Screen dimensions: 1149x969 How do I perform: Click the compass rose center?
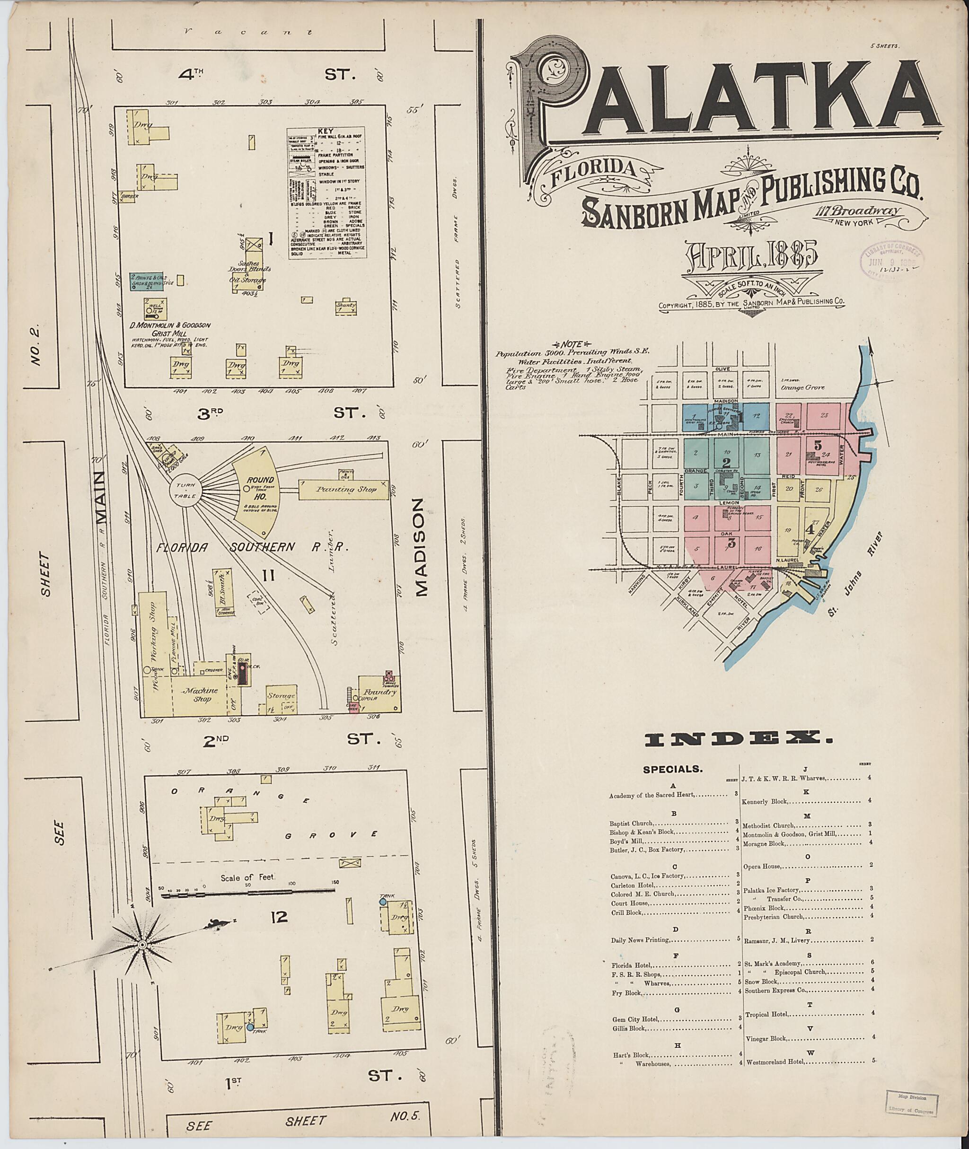coord(142,945)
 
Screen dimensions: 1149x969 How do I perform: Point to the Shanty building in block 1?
coord(346,307)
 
